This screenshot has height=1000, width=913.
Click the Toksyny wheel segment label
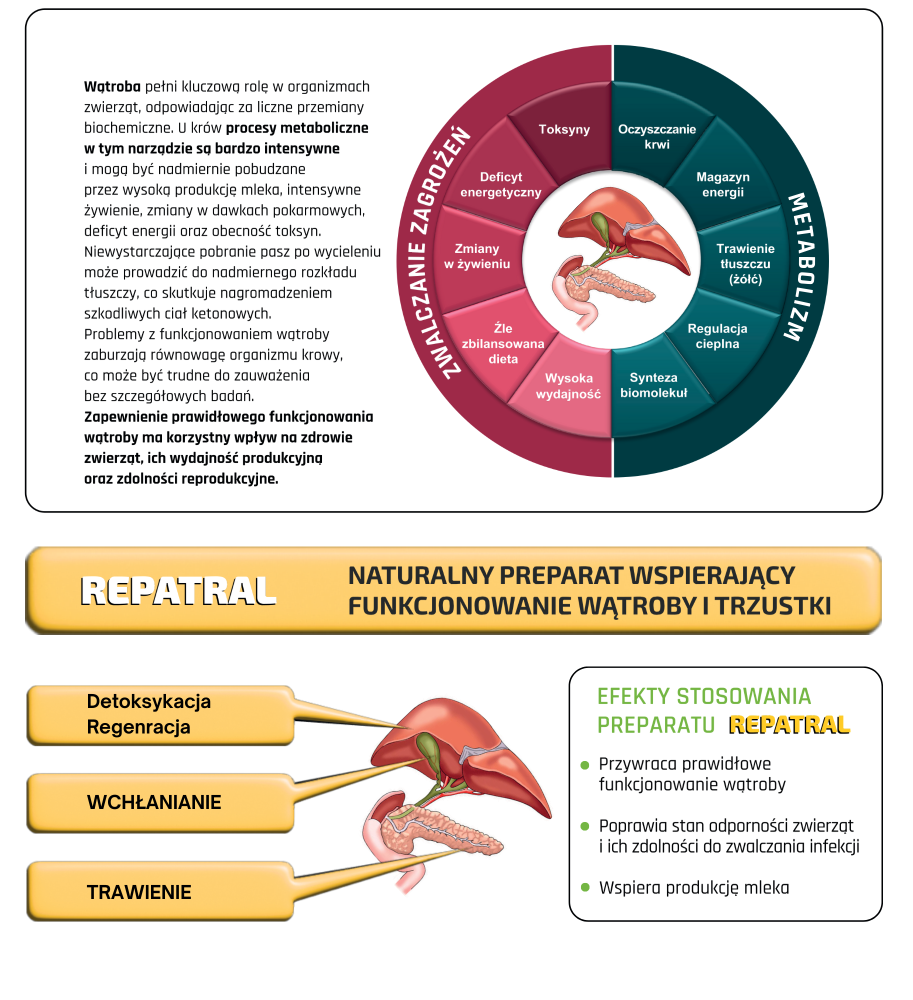564,129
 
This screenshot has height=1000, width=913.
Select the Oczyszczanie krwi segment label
657,136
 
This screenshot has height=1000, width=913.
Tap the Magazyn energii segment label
723,184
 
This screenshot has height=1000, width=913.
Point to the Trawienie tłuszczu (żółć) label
745,263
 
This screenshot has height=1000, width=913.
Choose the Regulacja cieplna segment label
717,336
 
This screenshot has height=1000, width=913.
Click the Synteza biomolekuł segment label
654,385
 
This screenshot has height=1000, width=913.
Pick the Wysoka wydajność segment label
568,386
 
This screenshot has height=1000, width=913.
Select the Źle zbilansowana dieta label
503,343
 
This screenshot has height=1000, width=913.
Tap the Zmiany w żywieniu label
477,256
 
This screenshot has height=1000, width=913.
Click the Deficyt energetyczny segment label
501,184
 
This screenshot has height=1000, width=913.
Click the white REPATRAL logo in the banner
178,591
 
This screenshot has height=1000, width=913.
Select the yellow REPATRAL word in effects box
789,725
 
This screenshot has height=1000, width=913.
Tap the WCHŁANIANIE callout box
160,803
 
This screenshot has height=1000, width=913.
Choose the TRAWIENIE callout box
160,891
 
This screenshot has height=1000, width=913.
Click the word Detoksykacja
149,701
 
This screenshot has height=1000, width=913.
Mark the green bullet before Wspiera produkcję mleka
585,887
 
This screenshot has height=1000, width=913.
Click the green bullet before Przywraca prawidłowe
585,764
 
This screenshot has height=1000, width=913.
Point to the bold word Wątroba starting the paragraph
112,87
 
